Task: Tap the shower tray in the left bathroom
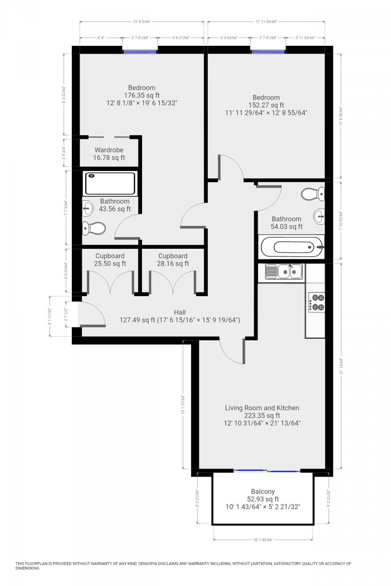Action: coord(110,183)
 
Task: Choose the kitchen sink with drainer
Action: coord(284,272)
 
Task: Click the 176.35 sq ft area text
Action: coord(142,95)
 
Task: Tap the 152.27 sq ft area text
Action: coord(266,105)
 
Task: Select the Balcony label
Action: coord(262,491)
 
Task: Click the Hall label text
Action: coord(180,312)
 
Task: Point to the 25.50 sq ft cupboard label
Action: coord(109,263)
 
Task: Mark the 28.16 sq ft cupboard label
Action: coord(173,263)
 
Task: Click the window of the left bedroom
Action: coord(140,50)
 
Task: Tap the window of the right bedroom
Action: coord(268,50)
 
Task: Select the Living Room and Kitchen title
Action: coord(262,408)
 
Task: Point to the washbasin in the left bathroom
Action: coord(88,208)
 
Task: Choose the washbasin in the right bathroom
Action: coord(319,215)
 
